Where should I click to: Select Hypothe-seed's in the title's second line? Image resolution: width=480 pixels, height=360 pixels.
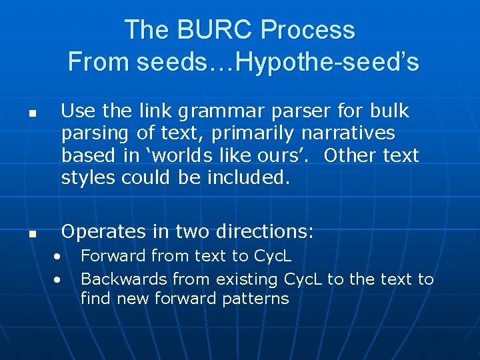click(x=327, y=62)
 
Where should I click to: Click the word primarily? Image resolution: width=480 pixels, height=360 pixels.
click(x=253, y=133)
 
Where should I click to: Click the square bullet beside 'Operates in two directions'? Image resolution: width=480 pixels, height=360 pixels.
click(x=31, y=234)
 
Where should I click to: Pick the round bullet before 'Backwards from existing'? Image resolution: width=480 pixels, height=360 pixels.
click(x=59, y=279)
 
